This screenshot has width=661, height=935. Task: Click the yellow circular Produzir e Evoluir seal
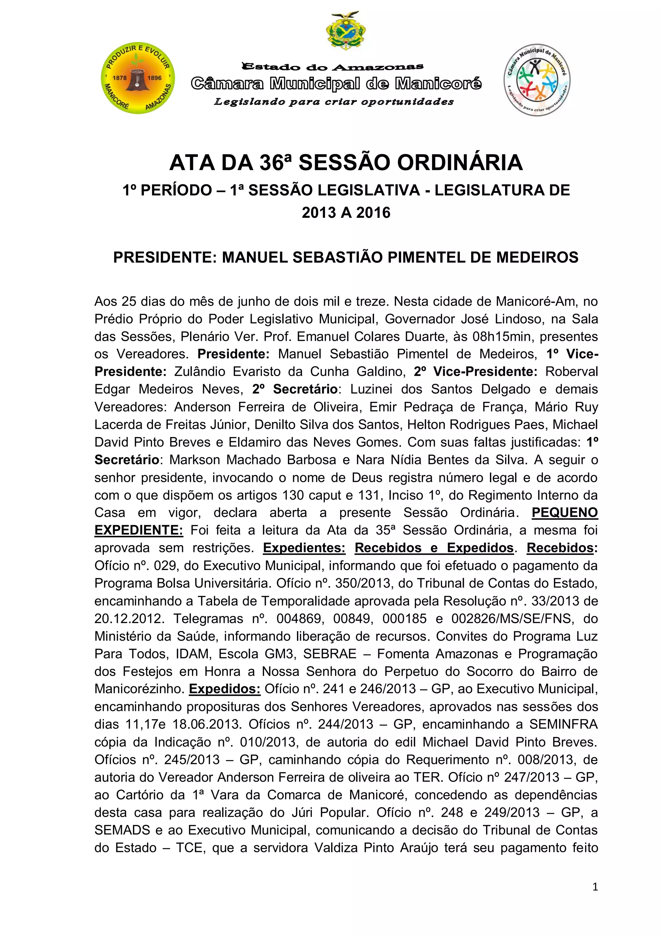(x=138, y=78)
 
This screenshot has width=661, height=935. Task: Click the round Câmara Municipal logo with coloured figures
(x=536, y=80)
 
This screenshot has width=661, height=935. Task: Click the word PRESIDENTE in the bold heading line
(x=165, y=257)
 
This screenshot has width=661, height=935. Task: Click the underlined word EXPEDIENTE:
(x=139, y=530)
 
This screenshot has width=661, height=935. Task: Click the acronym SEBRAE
(x=330, y=654)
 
